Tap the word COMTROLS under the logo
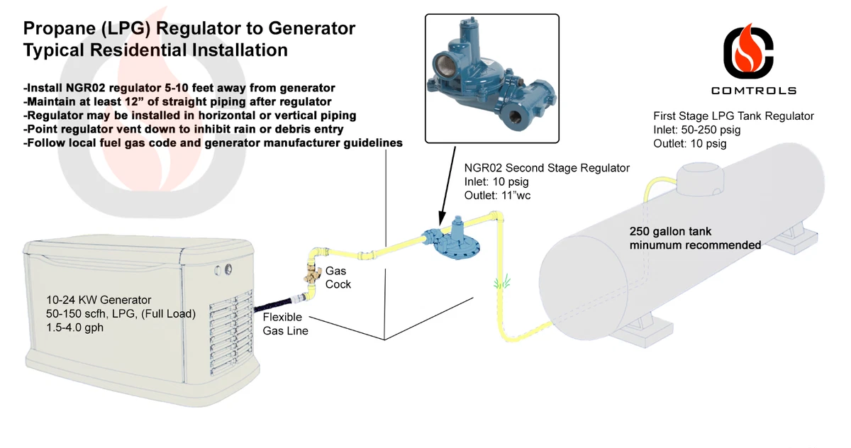(x=753, y=91)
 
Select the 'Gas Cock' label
(x=338, y=277)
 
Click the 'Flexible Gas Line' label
(x=285, y=324)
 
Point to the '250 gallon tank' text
(x=670, y=231)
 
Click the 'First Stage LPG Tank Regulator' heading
(x=733, y=116)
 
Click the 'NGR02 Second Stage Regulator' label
(x=547, y=168)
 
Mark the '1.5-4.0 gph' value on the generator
(x=76, y=328)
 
